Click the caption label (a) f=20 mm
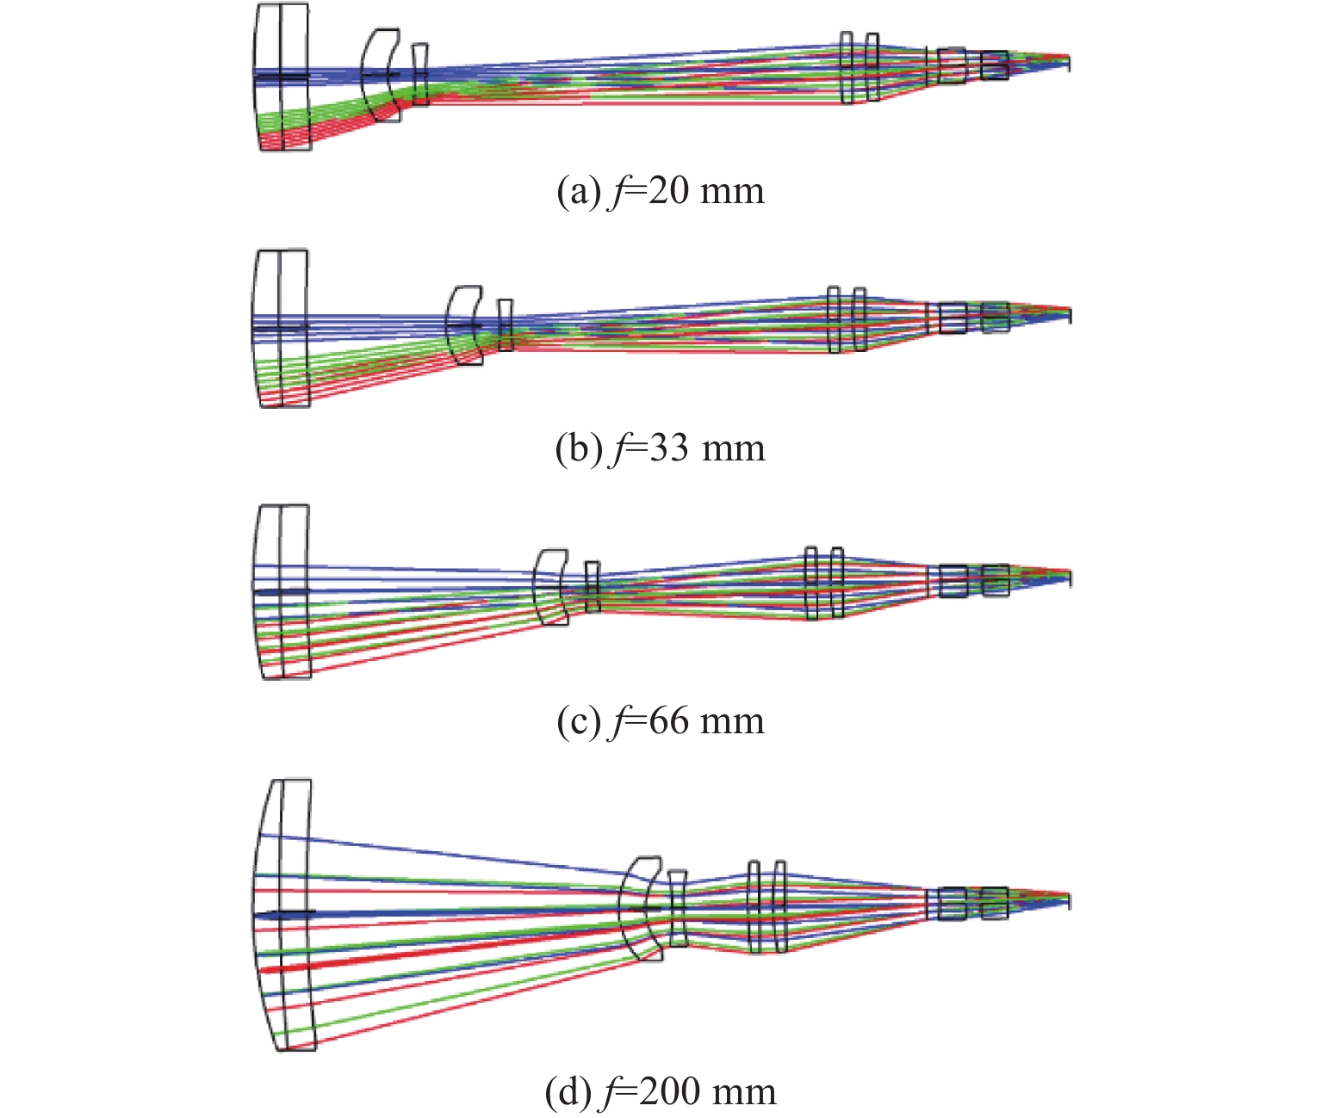coord(661,191)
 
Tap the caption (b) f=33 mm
coord(661,448)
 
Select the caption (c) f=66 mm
coord(661,720)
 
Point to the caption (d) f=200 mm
coord(661,1091)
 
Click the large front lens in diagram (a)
coord(282,77)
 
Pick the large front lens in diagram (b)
coord(281,328)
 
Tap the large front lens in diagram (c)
coord(282,591)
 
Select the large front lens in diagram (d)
coord(284,914)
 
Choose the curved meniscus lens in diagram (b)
coord(465,325)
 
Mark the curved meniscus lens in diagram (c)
coord(551,585)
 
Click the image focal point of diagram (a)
coord(1068,62)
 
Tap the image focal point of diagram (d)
coord(1068,901)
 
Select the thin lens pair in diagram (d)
coord(767,906)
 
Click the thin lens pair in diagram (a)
coord(860,68)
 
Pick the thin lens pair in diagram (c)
coord(824,583)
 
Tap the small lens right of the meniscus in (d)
coord(678,908)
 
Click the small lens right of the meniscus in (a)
coord(419,75)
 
